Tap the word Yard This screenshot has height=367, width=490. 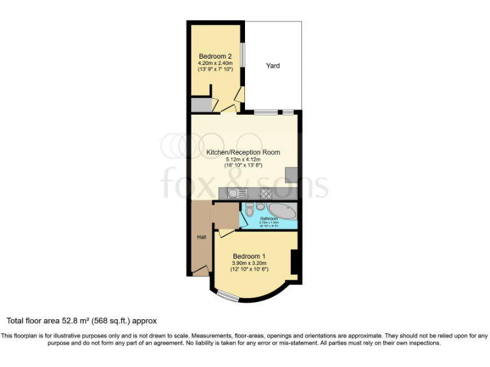[272, 66]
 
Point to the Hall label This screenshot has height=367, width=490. [201, 237]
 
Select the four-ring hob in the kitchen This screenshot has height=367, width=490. [266, 192]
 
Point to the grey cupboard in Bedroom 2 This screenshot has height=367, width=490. [200, 105]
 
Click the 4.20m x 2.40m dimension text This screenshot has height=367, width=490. [215, 63]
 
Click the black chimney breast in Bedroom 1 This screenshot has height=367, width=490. [294, 262]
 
